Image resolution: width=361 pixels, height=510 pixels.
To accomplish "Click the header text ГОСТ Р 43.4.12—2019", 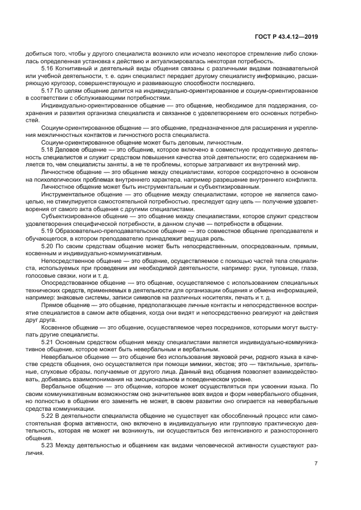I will (287, 37).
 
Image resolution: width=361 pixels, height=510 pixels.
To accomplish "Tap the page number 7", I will (316, 464).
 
